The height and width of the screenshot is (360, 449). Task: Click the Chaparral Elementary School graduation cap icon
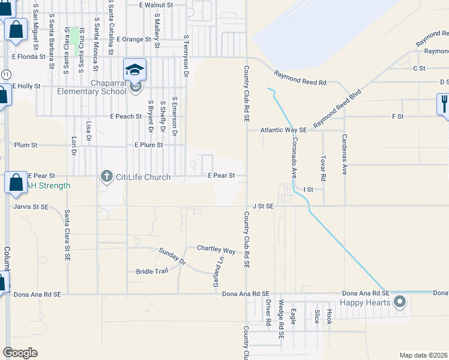[x=135, y=69]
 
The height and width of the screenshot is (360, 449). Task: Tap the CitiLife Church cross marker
[x=106, y=176]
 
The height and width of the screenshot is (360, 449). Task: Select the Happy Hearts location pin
[x=400, y=302]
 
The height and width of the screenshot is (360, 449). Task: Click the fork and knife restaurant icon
[x=444, y=104]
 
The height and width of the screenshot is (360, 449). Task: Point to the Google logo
[x=20, y=353]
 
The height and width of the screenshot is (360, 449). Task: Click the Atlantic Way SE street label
[x=283, y=130]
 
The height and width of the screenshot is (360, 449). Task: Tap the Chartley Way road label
[x=216, y=249]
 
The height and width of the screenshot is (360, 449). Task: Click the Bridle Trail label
[x=152, y=271]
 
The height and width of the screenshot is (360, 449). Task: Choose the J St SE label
[x=263, y=206]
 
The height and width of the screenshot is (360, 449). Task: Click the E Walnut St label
[x=155, y=5]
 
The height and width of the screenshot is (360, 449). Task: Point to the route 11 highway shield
[x=5, y=73]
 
